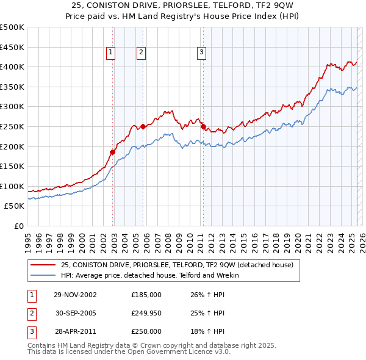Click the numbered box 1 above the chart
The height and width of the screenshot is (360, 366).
tap(111, 53)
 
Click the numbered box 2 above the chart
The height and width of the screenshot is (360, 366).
tap(141, 53)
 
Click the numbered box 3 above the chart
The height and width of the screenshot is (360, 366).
tap(201, 53)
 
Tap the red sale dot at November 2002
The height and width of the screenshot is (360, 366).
tap(113, 152)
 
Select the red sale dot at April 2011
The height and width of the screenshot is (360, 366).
tap(203, 126)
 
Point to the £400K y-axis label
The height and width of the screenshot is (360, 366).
tap(13, 67)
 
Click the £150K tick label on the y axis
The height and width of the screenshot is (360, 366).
tap(13, 166)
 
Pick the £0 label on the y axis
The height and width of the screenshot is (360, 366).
tap(20, 226)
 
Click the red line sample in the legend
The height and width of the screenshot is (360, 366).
tap(42, 265)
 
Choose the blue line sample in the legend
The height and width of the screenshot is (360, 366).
tap(42, 275)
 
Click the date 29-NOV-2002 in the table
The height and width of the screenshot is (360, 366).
tap(75, 295)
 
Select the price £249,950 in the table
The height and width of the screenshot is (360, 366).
tap(146, 313)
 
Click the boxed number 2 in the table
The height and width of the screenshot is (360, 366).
tap(31, 313)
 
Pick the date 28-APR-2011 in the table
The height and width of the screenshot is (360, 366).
tap(75, 331)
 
